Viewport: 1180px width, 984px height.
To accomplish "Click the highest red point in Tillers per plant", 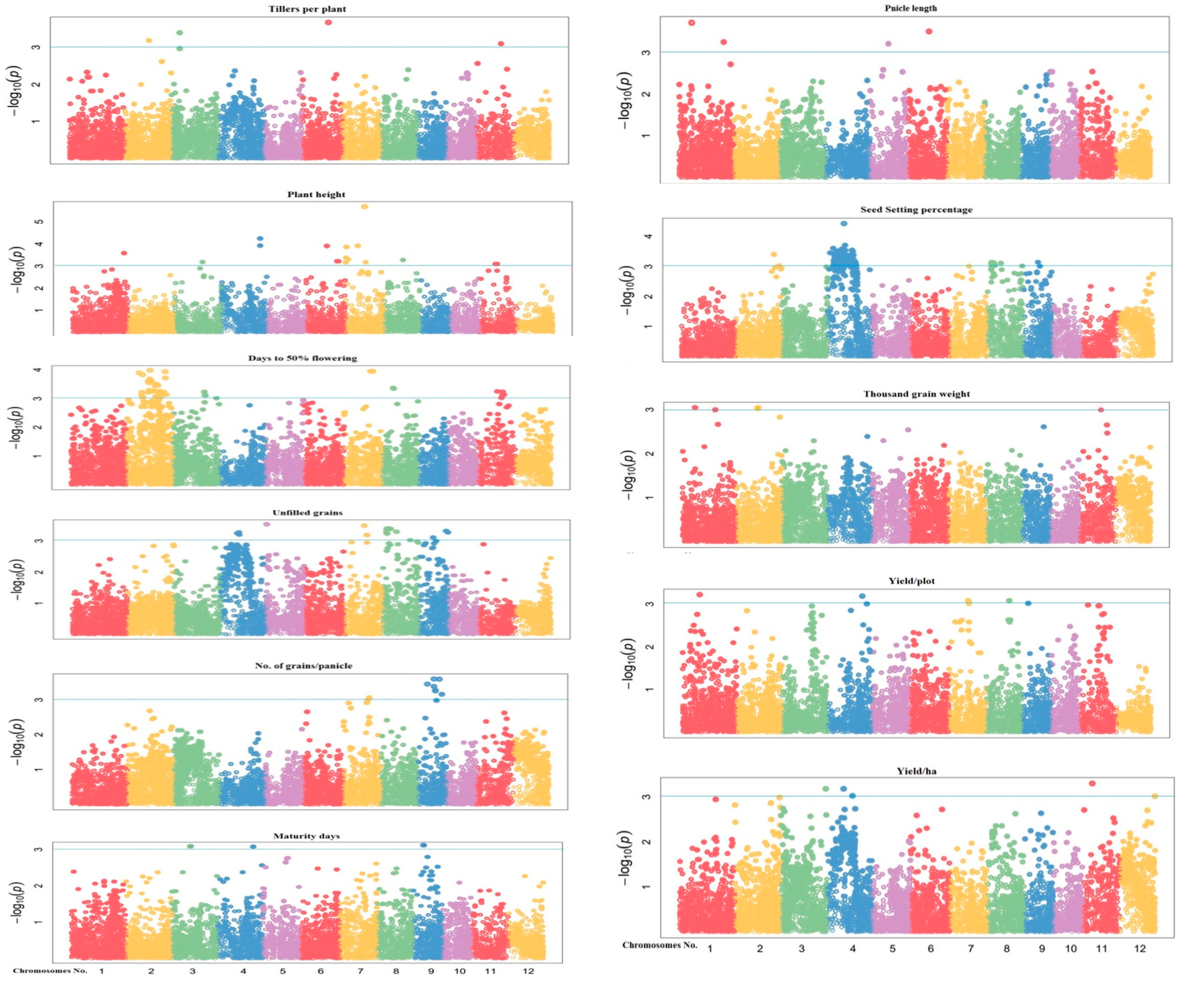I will pos(329,22).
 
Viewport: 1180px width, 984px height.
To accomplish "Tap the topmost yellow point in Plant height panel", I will pos(365,207).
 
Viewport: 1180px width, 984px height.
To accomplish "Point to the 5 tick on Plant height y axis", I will pos(40,221).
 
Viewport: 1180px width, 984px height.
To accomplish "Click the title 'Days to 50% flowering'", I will pos(303,358).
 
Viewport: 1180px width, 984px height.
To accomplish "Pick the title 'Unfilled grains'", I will pos(307,513).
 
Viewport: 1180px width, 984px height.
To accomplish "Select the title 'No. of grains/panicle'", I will pos(304,665).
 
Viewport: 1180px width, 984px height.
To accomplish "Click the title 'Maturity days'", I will pos(306,836).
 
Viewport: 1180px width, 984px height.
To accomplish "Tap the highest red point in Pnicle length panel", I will pos(692,22).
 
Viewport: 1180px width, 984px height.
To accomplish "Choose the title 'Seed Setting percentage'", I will pos(916,209).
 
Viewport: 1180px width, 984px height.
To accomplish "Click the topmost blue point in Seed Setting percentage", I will pos(844,223).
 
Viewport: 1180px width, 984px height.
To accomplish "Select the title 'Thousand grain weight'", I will pos(917,394).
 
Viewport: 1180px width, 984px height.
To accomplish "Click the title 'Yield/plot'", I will pos(917,581).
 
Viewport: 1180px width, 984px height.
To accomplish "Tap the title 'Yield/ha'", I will pos(917,771).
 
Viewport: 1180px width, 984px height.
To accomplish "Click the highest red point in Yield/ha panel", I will pos(1093,783).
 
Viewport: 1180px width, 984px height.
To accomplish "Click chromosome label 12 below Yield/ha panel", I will pos(1139,949).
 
